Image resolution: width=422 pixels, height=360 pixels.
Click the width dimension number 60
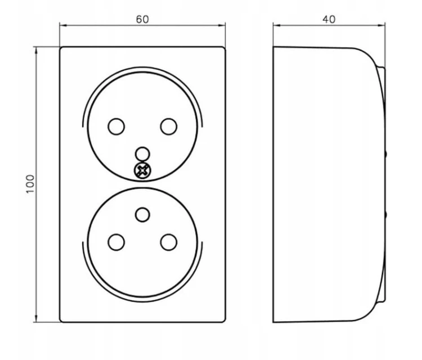[142, 19]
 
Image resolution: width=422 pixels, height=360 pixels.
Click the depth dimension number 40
[329, 19]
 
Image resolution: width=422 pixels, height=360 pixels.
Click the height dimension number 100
[30, 184]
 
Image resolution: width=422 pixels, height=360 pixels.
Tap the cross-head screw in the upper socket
[143, 170]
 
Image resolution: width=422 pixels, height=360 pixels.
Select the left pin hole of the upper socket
[116, 127]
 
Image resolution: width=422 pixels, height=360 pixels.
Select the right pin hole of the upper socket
[169, 127]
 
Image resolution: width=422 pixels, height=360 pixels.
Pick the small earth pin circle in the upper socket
[142, 154]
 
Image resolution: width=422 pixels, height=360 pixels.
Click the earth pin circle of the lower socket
[142, 215]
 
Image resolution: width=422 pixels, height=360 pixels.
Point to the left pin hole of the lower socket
[116, 242]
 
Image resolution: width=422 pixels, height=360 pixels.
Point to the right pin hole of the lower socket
[169, 242]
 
